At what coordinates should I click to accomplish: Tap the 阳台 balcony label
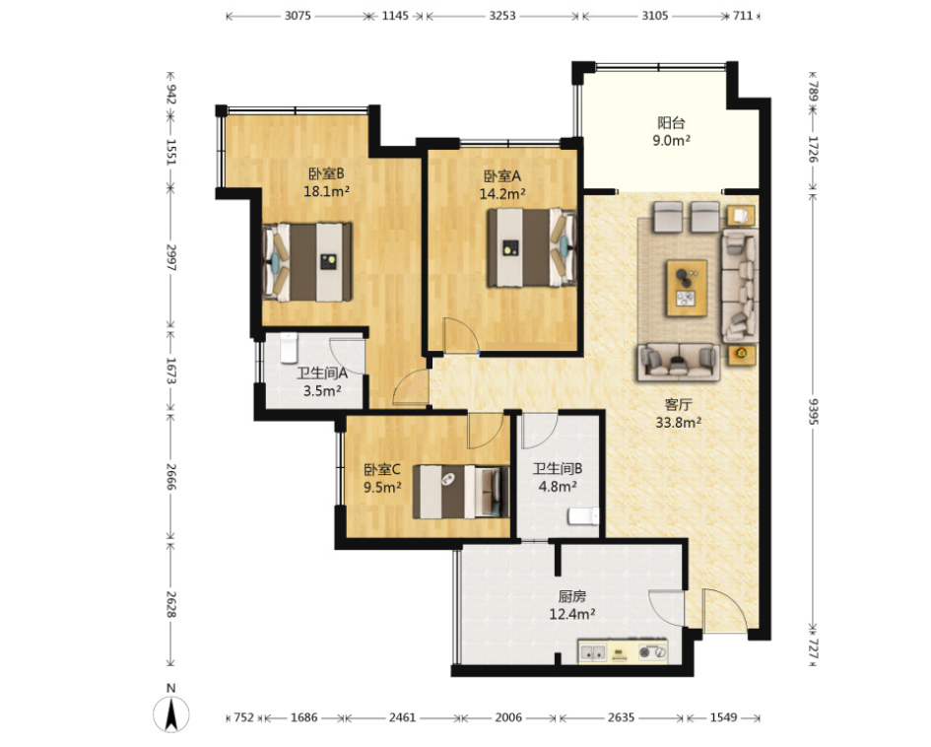(671, 123)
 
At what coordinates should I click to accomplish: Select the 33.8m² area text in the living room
(678, 423)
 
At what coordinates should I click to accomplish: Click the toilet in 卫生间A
(289, 348)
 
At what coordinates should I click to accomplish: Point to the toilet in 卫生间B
(582, 516)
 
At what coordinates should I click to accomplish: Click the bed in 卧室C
(461, 493)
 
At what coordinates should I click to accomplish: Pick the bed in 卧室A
(532, 247)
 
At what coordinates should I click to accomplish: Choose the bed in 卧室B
(307, 261)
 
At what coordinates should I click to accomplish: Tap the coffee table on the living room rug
(687, 288)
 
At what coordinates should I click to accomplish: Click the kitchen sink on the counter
(593, 652)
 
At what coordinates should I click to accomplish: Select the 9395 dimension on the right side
(814, 410)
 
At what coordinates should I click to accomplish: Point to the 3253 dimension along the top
(502, 16)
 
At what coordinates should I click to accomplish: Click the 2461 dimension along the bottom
(402, 717)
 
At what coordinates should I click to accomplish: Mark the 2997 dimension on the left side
(171, 257)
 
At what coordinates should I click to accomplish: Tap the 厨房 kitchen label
(571, 596)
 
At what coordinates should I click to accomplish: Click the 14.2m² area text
(502, 193)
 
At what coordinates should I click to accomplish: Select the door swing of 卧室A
(461, 335)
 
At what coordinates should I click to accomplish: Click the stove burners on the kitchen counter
(652, 652)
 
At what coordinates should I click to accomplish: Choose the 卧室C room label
(382, 470)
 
